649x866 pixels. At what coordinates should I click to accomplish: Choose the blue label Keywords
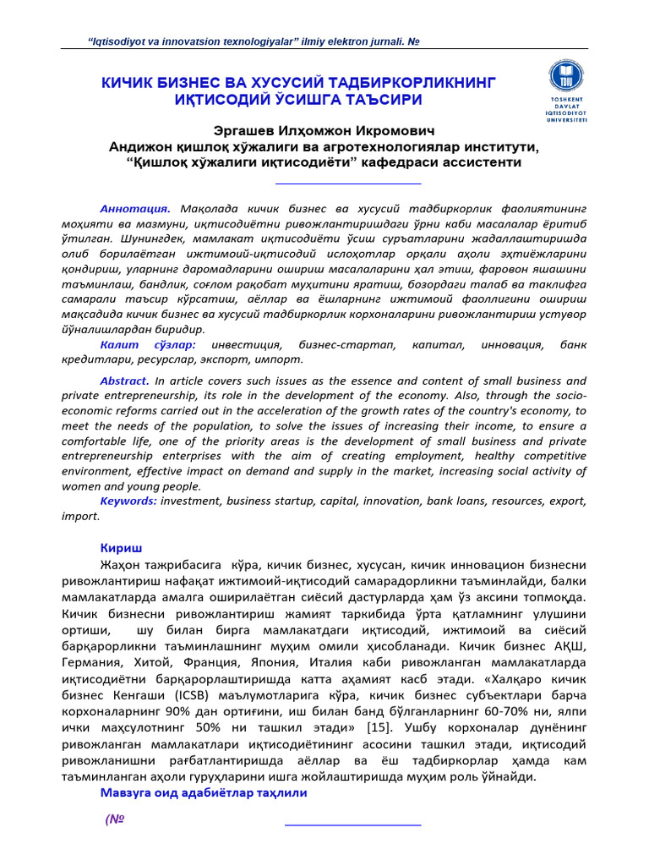click(128, 501)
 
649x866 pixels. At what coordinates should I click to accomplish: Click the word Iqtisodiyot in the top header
click(124, 42)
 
